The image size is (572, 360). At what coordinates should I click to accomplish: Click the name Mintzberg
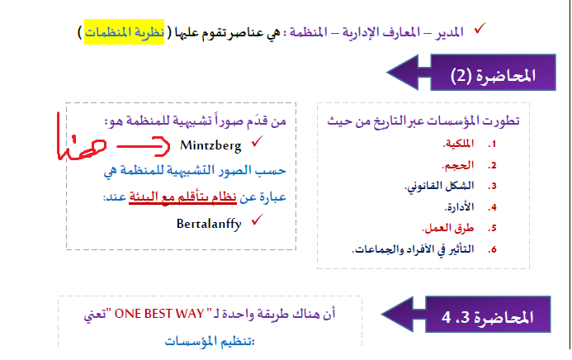tap(210, 145)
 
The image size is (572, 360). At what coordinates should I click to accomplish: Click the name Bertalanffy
tap(209, 224)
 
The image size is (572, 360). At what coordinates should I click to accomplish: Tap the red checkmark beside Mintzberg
tap(258, 141)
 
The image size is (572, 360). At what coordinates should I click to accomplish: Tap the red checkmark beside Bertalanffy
tap(258, 220)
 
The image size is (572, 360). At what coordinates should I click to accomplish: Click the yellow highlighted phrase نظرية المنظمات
tap(125, 32)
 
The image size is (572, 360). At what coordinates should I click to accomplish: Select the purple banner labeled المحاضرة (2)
tap(471, 72)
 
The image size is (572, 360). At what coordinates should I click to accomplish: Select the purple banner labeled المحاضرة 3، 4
tap(466, 315)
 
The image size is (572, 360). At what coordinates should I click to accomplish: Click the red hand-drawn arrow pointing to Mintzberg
tap(143, 146)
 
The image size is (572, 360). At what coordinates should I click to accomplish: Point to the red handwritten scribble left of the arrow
tap(81, 140)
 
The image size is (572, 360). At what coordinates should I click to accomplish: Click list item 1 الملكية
tap(459, 144)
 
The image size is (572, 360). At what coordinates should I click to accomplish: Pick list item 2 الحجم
tap(458, 165)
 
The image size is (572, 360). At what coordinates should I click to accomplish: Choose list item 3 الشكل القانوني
tap(440, 186)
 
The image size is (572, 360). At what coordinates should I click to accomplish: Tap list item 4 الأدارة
tap(459, 207)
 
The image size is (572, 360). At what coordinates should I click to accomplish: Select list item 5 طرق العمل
tap(448, 229)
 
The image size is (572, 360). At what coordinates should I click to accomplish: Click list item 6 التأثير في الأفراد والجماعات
tap(414, 249)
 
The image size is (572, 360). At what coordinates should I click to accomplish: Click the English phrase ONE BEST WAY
tap(159, 314)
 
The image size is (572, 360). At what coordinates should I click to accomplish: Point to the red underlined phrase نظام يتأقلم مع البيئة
tap(182, 197)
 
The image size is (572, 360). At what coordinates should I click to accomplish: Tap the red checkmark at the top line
tap(480, 28)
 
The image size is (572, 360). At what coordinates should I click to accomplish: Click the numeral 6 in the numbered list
tap(494, 249)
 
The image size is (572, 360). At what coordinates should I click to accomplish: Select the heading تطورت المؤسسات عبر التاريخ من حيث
tap(423, 121)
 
